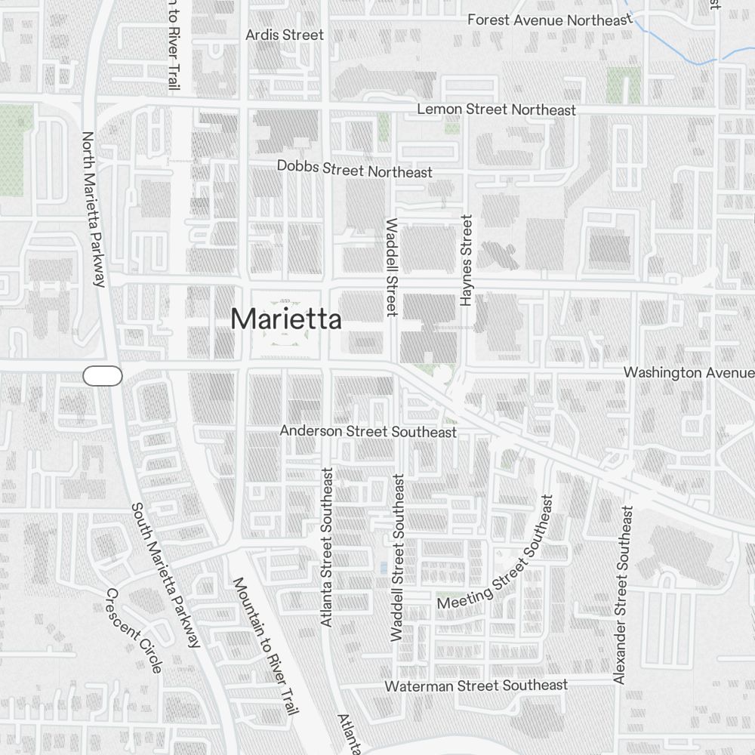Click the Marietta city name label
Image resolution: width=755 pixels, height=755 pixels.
pyautogui.click(x=285, y=319)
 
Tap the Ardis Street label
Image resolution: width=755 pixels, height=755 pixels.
pyautogui.click(x=285, y=35)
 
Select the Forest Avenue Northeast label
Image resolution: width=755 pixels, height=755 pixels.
pyautogui.click(x=549, y=20)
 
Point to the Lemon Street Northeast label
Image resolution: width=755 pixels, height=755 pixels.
pyautogui.click(x=496, y=109)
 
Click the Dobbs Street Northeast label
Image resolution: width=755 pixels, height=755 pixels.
pyautogui.click(x=355, y=169)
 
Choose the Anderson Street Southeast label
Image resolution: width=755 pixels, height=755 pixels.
pyautogui.click(x=368, y=431)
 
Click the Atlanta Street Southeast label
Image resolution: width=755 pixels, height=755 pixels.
pyautogui.click(x=327, y=547)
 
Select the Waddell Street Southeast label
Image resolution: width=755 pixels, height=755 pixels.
pyautogui.click(x=398, y=558)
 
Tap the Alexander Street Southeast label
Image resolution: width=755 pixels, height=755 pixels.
pyautogui.click(x=622, y=596)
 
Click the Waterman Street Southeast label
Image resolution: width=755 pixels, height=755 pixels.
pyautogui.click(x=476, y=686)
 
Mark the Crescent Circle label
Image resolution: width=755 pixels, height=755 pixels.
pyautogui.click(x=134, y=630)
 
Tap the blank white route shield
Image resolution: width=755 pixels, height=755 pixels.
pyautogui.click(x=103, y=375)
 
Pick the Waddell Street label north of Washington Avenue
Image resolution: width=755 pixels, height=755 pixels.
pyautogui.click(x=391, y=267)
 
